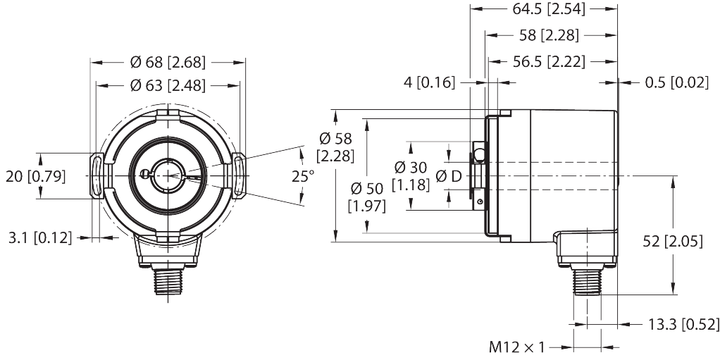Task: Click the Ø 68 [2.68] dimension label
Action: [x=168, y=63]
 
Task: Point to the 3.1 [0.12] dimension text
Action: [x=41, y=237]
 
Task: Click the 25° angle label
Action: [x=303, y=176]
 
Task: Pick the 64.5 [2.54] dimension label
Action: [x=544, y=10]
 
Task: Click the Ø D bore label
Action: [x=448, y=175]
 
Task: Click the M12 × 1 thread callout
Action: [x=517, y=347]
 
